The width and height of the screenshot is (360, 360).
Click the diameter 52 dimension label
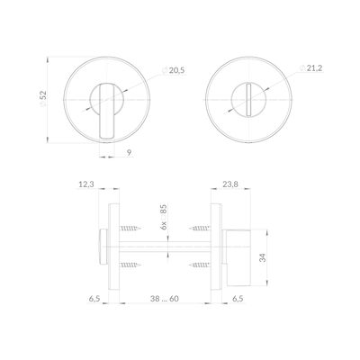[43, 99]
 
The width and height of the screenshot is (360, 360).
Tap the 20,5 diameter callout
[174, 71]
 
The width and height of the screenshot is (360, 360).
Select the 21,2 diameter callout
[311, 68]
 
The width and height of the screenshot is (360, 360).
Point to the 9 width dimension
[129, 152]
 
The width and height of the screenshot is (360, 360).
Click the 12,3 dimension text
[86, 184]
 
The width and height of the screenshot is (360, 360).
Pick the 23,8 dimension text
[230, 184]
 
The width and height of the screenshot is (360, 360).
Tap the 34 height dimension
[263, 257]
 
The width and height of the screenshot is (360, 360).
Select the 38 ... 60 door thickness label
[165, 299]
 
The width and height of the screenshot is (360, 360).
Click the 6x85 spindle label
[164, 217]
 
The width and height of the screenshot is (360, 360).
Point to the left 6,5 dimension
[94, 299]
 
